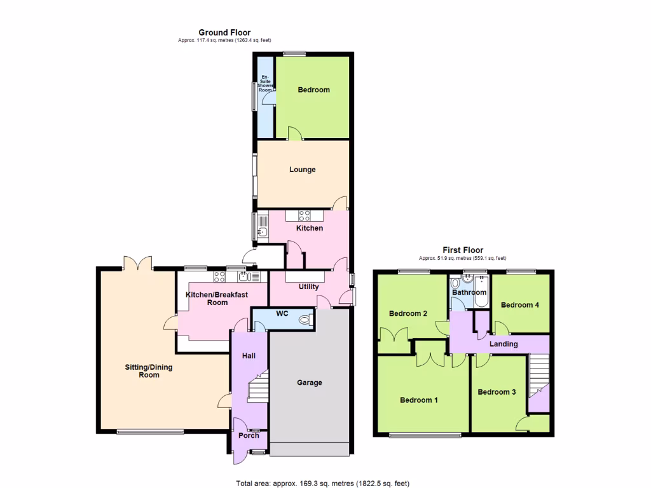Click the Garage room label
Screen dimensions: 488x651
[310, 383]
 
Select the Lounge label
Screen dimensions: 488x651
[302, 170]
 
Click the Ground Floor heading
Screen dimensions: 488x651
[224, 32]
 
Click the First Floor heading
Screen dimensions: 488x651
[463, 250]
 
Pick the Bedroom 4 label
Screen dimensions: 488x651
[520, 305]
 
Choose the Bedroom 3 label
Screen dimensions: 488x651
[497, 392]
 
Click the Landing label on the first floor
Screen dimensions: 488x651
[504, 344]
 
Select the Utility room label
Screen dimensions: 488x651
[309, 287]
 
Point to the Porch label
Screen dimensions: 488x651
[249, 435]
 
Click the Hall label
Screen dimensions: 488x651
[249, 356]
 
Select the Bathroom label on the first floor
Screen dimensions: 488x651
[469, 292]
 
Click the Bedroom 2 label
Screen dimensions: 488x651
[408, 313]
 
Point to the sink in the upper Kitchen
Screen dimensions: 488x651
[263, 227]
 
